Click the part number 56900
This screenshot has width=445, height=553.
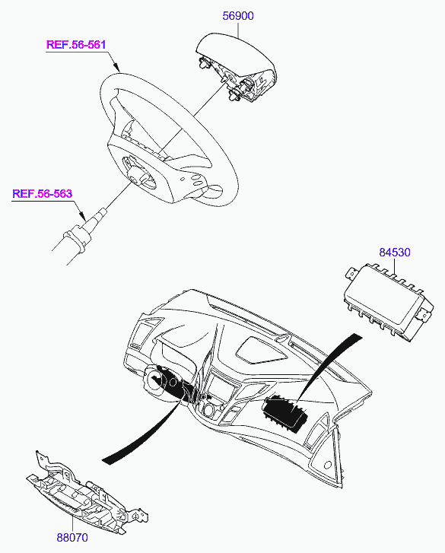pyautogui.click(x=238, y=16)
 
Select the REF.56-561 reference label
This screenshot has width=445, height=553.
pyautogui.click(x=76, y=45)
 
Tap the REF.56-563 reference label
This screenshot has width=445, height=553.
pyautogui.click(x=43, y=194)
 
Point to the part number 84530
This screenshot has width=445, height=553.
pyautogui.click(x=395, y=253)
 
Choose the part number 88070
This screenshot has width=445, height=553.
pyautogui.click(x=72, y=538)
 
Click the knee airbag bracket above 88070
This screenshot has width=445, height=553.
pyautogui.click(x=87, y=494)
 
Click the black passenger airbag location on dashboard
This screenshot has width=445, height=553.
pyautogui.click(x=284, y=413)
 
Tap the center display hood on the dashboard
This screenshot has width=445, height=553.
pyautogui.click(x=260, y=350)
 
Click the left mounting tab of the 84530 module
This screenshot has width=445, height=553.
pyautogui.click(x=351, y=272)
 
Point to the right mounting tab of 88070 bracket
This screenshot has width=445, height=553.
pyautogui.click(x=140, y=516)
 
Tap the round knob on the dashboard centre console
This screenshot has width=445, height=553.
pyautogui.click(x=208, y=412)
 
